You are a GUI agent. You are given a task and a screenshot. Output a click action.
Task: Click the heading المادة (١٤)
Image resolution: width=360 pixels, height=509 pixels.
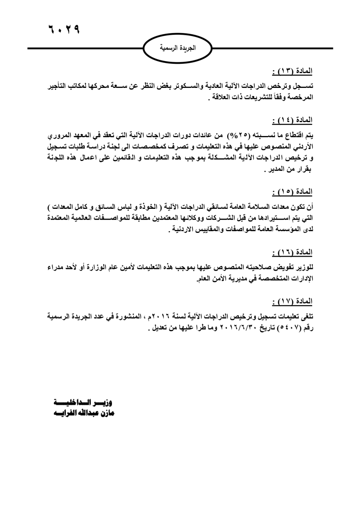pos(292,120)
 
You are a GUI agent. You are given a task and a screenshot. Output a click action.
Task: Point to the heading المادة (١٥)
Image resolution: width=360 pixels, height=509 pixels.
pos(292,192)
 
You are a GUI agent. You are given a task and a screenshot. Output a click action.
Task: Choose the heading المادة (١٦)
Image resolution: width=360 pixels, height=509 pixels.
pos(292,252)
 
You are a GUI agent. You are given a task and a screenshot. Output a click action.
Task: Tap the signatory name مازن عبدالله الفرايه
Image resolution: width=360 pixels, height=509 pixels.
pos(84,413)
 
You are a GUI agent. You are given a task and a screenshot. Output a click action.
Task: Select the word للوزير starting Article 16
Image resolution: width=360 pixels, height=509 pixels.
pos(305,267)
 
